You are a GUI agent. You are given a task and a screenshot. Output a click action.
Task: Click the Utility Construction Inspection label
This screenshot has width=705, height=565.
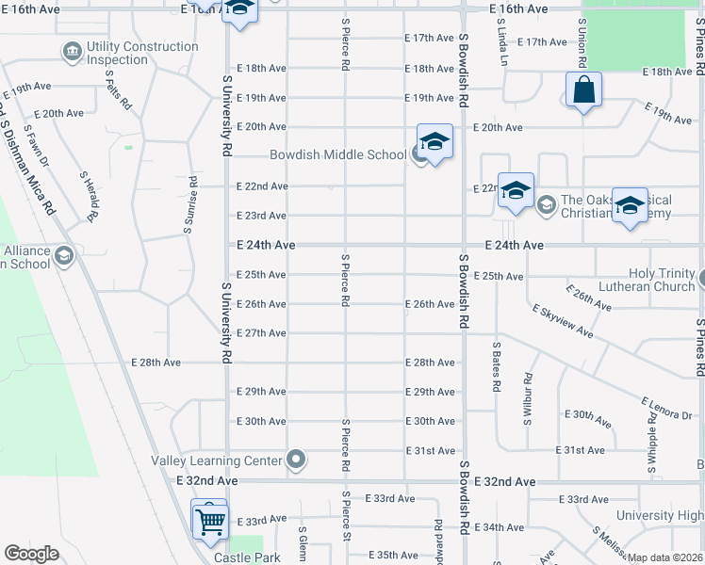click(x=142, y=53)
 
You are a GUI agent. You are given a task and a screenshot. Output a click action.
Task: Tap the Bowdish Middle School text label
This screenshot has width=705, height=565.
click(x=337, y=154)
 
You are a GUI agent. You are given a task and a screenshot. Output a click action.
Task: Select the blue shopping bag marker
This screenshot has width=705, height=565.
click(x=584, y=91)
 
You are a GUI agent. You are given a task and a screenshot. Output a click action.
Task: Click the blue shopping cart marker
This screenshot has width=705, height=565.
click(x=209, y=519)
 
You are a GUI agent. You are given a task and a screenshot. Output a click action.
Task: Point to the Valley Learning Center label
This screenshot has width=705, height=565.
click(x=217, y=460)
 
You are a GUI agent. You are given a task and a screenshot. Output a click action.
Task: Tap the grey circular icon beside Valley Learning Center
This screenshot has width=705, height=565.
click(x=297, y=460)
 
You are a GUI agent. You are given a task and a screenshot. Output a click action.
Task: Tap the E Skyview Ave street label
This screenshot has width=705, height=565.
click(x=562, y=321)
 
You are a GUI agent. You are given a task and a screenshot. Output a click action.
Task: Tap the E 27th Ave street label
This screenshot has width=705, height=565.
click(x=261, y=333)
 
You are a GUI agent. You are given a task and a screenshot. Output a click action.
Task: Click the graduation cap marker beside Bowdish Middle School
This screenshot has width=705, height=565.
click(x=434, y=142)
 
